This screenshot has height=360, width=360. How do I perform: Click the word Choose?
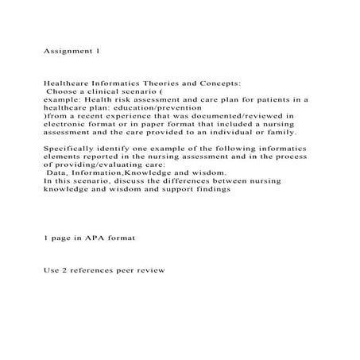(x=63, y=91)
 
